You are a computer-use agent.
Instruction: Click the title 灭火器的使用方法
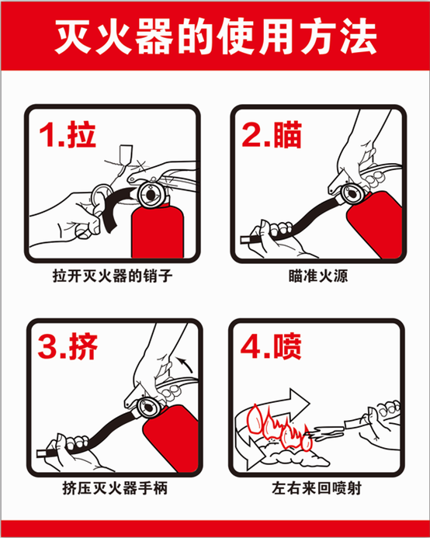(x=216, y=36)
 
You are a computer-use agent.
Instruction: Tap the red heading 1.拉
(x=67, y=134)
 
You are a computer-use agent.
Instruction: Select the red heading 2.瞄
(x=272, y=134)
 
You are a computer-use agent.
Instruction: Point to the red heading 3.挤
(x=68, y=346)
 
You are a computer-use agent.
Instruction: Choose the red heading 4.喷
(x=271, y=346)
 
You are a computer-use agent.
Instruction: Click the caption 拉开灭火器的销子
(x=113, y=276)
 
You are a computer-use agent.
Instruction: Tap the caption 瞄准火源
(x=318, y=276)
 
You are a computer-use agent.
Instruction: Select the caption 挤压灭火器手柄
(x=115, y=488)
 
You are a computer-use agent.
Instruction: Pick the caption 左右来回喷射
(x=317, y=488)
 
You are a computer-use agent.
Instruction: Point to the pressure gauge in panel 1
(x=151, y=195)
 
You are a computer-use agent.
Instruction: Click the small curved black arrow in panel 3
(x=186, y=364)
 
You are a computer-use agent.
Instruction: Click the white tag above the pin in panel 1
(x=125, y=154)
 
